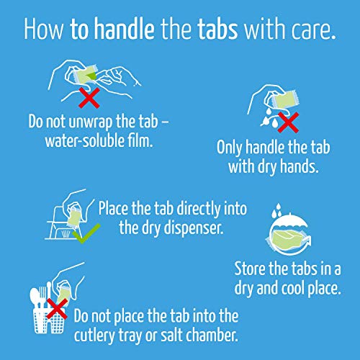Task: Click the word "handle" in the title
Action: [124, 28]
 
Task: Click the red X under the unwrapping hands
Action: [89, 98]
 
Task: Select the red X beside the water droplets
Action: [288, 122]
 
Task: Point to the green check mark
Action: [86, 233]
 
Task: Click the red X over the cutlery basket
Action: [57, 309]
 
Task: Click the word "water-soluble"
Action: [85, 141]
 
